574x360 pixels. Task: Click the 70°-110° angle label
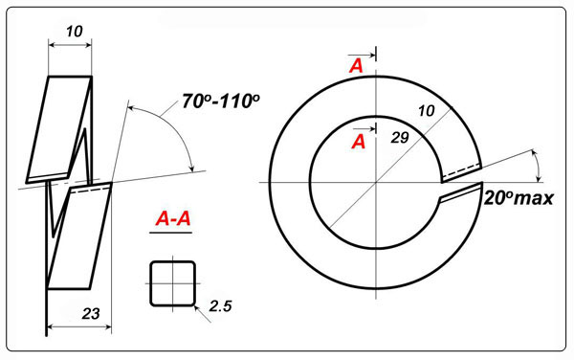pos(221,101)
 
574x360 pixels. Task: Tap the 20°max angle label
pos(519,198)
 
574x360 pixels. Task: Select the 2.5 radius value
pos(220,306)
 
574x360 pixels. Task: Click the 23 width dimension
pos(91,313)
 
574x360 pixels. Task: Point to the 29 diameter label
pos(400,138)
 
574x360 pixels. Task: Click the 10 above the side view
pos(75,32)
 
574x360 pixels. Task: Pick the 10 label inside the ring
pos(426,111)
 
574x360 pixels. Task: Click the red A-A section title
pos(173,219)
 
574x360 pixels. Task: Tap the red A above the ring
pos(356,66)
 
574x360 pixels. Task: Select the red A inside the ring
pos(359,142)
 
